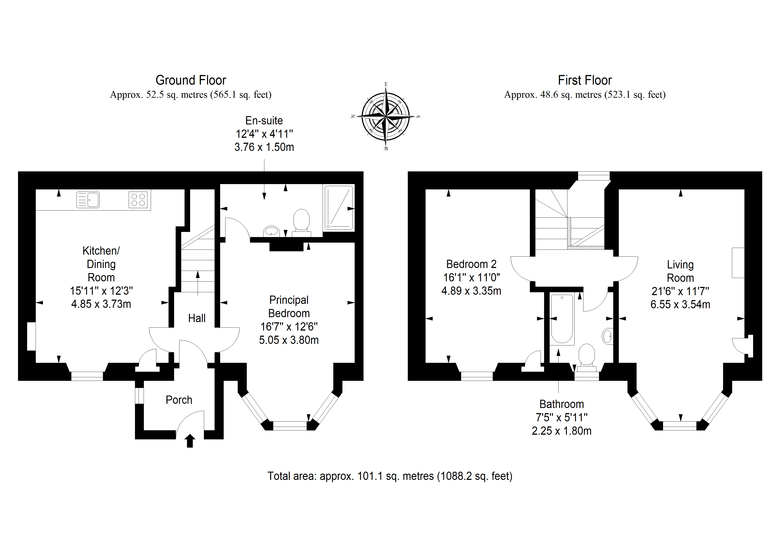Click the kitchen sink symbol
(88, 200)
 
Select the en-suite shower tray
(339, 207)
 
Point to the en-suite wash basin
(271, 231)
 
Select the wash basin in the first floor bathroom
(608, 336)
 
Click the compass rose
(386, 116)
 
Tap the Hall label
(197, 318)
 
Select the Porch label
(179, 400)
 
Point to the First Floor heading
(585, 80)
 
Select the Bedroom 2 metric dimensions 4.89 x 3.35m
(471, 291)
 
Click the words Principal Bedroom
(289, 306)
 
